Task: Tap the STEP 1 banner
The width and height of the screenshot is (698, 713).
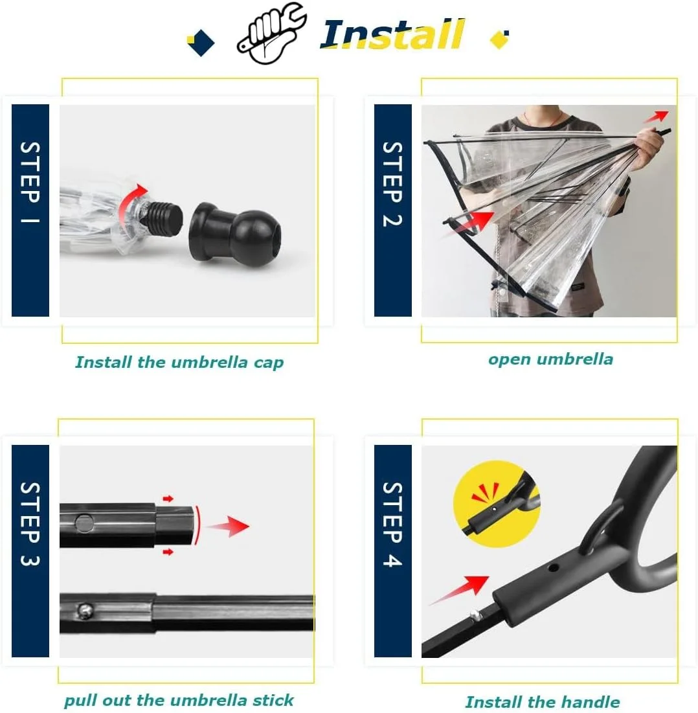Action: click(30, 210)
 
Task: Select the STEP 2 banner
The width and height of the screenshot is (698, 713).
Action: click(392, 210)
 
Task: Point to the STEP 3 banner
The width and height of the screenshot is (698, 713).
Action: click(30, 550)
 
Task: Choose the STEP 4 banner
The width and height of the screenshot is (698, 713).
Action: click(392, 550)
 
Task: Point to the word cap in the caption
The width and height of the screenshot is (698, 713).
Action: click(269, 363)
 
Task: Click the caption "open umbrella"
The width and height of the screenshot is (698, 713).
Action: click(550, 359)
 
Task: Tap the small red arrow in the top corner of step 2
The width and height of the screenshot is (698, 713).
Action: click(656, 117)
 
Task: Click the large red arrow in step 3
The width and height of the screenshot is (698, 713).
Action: click(229, 526)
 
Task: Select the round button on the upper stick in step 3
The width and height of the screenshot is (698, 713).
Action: click(85, 523)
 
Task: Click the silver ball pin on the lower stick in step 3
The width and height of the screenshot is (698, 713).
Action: click(85, 611)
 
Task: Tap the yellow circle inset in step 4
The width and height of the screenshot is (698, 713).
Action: click(497, 504)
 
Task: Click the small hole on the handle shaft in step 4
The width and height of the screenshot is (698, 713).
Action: click(553, 568)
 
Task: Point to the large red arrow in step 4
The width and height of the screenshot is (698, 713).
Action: click(459, 590)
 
